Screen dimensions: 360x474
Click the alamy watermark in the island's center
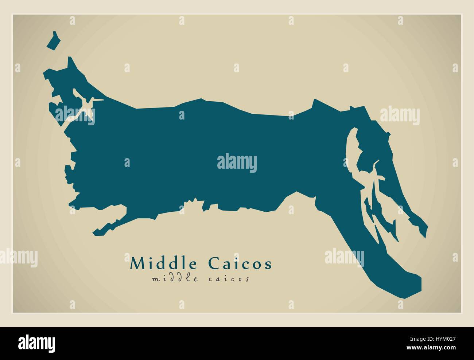pos(237,163)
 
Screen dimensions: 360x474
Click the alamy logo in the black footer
pos(37,343)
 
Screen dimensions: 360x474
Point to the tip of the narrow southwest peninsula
pos(96,232)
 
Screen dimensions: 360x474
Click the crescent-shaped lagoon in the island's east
pos(351,149)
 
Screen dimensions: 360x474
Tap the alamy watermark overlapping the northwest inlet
pos(75,115)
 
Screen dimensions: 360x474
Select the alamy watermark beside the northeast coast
pos(400,116)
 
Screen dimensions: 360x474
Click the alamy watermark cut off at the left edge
pos(18,258)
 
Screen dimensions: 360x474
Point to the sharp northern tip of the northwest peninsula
pos(69,58)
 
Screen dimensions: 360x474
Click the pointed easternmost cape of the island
pos(427,228)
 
